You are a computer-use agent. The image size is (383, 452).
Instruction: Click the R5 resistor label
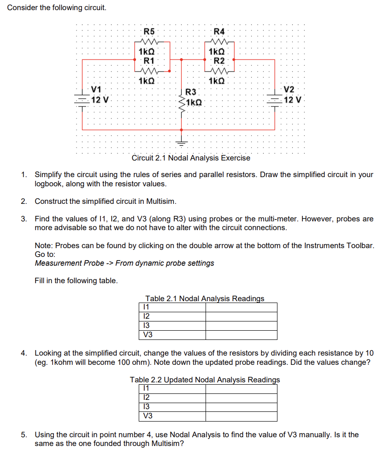(149, 31)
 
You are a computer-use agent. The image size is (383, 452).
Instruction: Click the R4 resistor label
(219, 31)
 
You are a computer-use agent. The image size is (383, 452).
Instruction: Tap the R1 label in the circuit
(149, 60)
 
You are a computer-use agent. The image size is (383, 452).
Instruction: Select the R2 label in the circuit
(219, 60)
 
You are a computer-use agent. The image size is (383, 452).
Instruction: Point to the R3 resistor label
(191, 92)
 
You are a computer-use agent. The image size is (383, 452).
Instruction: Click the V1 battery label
(97, 89)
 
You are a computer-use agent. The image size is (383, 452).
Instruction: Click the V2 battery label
(289, 89)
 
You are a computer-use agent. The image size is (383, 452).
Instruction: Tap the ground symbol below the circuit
(181, 143)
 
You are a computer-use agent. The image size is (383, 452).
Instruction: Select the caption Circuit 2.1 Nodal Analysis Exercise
(191, 158)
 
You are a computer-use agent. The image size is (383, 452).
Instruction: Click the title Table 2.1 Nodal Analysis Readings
(205, 298)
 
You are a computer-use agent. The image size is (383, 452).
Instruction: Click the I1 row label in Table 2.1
(146, 307)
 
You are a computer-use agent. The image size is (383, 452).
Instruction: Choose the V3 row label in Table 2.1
(148, 335)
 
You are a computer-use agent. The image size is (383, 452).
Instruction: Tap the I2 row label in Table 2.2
(147, 397)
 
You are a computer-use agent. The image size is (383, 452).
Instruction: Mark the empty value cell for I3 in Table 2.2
(241, 406)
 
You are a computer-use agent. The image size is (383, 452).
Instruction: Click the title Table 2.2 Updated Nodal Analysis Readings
(205, 380)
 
